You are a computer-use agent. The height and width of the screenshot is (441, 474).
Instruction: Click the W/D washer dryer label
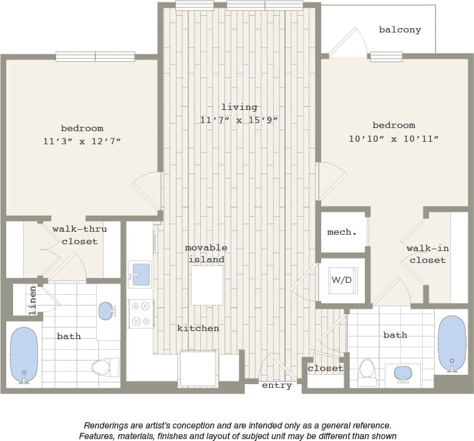tap(341, 280)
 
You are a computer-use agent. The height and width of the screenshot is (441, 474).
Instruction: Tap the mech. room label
tap(342, 232)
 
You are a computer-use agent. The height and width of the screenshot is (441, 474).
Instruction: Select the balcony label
tap(400, 29)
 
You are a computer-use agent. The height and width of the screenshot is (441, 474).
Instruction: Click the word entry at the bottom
tap(277, 385)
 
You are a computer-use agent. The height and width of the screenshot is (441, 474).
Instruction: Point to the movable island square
tap(207, 285)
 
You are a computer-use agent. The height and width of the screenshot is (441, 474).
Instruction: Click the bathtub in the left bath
tap(24, 354)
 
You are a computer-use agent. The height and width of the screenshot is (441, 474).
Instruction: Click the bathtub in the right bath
tap(452, 344)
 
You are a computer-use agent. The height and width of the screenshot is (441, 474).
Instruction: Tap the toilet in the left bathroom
tap(105, 367)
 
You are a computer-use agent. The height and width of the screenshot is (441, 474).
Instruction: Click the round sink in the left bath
tap(107, 310)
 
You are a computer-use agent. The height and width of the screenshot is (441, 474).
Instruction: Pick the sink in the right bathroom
tap(404, 374)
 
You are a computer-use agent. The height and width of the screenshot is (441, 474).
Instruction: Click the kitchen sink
tap(140, 274)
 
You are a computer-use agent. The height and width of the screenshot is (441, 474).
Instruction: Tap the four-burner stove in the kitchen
tap(140, 312)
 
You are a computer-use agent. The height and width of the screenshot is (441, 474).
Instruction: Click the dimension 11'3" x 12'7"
tap(82, 142)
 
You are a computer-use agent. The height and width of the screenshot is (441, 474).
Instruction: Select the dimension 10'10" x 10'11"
tap(394, 139)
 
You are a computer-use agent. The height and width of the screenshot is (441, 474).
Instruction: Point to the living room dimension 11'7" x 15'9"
tap(239, 120)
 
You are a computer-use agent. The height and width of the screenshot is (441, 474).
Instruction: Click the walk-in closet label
tap(427, 254)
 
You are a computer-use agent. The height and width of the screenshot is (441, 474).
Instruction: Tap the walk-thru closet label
tap(79, 235)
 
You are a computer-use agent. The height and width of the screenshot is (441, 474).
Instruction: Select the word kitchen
tap(198, 328)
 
